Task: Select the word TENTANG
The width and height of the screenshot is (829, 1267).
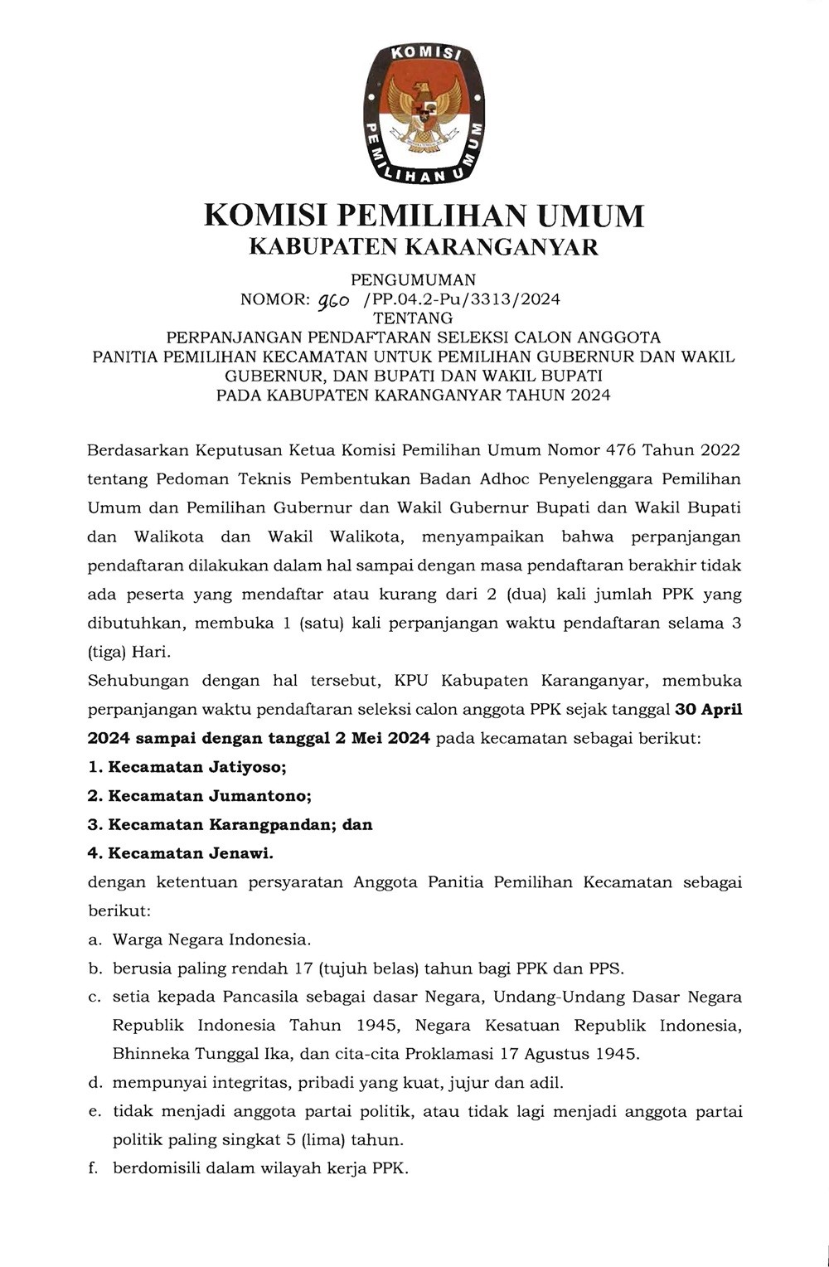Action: (413, 318)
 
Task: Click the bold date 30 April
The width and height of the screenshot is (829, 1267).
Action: (709, 710)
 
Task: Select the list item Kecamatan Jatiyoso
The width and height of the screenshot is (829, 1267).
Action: (197, 767)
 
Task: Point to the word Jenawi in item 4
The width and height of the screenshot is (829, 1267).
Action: (241, 853)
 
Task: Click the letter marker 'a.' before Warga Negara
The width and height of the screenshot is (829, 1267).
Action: (95, 939)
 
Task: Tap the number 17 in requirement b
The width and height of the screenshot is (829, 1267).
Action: (303, 968)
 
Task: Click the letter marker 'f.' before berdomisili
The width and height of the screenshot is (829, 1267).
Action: (95, 1169)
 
